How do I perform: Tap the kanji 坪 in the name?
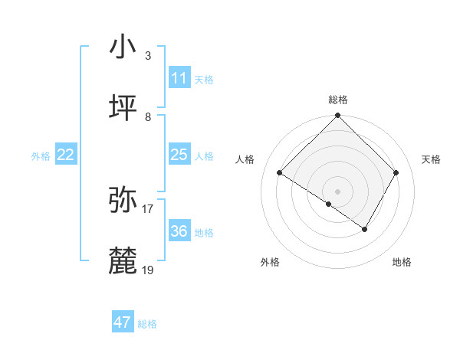point(123,108)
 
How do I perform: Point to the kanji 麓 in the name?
point(123,260)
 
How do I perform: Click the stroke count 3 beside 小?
point(147,55)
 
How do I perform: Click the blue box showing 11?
point(179,78)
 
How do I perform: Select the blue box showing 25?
point(179,155)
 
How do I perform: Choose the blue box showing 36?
point(179,231)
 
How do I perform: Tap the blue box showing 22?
point(65,155)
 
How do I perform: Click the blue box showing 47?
point(122,322)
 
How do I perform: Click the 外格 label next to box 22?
point(41,156)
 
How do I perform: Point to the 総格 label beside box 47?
point(147,324)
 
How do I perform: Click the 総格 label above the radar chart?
point(337,100)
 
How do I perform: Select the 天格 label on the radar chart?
point(431,159)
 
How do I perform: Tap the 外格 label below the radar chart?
point(270,263)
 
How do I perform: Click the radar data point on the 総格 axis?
point(337,116)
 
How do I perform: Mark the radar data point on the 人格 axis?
point(280,173)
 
